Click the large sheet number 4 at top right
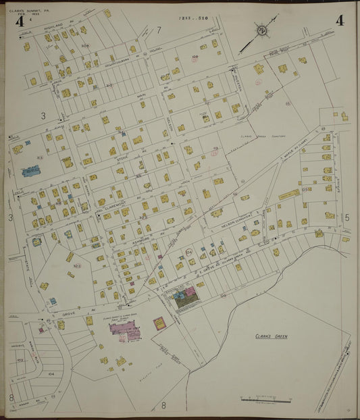(x=339, y=20)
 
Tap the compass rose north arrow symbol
(x=261, y=30)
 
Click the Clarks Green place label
(x=272, y=336)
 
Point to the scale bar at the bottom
(x=265, y=400)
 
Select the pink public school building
(x=126, y=328)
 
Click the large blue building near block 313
(x=31, y=172)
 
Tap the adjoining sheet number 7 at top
(x=159, y=30)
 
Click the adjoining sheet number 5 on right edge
(x=347, y=217)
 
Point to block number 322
(x=77, y=266)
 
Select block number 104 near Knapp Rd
(x=51, y=373)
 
